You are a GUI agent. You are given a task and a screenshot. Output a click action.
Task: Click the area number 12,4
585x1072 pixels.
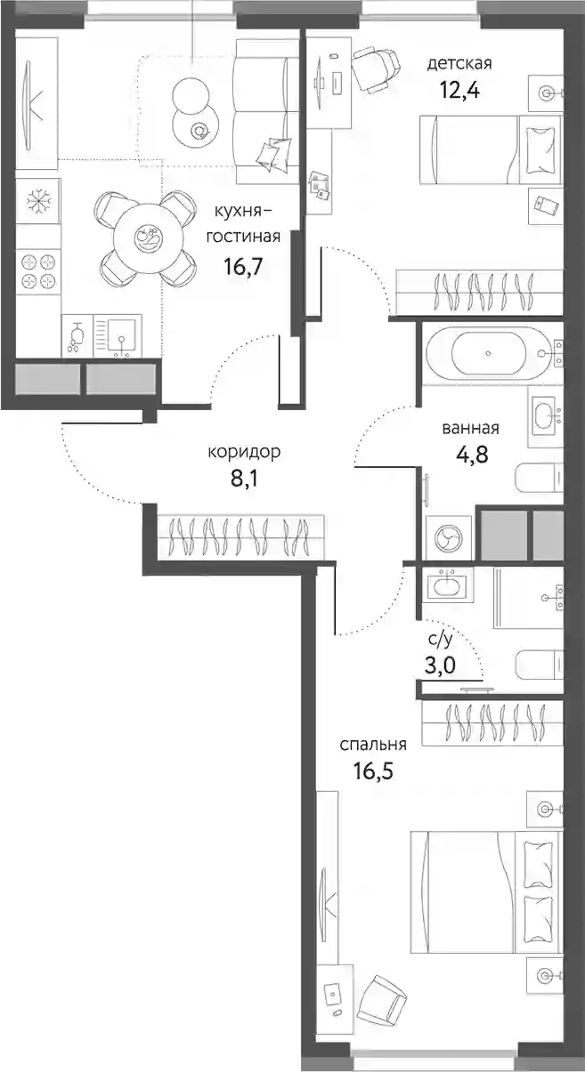[460, 90]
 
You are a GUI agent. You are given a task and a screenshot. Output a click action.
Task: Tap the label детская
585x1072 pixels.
[459, 63]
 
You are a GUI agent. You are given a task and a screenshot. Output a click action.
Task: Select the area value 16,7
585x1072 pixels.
[243, 266]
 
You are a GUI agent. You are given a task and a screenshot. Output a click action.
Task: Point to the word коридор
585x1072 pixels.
[244, 452]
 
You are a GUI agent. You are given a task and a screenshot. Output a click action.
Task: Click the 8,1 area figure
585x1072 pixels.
[244, 478]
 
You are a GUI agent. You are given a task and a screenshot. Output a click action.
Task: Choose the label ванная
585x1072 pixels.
[470, 428]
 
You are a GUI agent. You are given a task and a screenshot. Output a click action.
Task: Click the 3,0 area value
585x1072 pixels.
[440, 665]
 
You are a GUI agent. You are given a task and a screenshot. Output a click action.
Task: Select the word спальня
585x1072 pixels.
[373, 745]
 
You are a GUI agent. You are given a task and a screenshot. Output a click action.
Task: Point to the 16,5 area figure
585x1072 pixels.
[374, 771]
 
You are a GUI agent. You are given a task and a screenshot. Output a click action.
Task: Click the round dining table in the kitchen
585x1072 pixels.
[148, 237]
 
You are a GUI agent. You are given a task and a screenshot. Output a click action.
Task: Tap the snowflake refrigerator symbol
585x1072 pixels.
[38, 200]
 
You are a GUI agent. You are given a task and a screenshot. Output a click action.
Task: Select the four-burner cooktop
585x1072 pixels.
[38, 271]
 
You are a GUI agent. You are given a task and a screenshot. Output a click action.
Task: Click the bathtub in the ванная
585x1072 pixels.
[488, 353]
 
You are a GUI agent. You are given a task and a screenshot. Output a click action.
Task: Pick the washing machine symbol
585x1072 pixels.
[449, 537]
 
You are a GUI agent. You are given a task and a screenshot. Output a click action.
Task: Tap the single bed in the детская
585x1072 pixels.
[491, 149]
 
